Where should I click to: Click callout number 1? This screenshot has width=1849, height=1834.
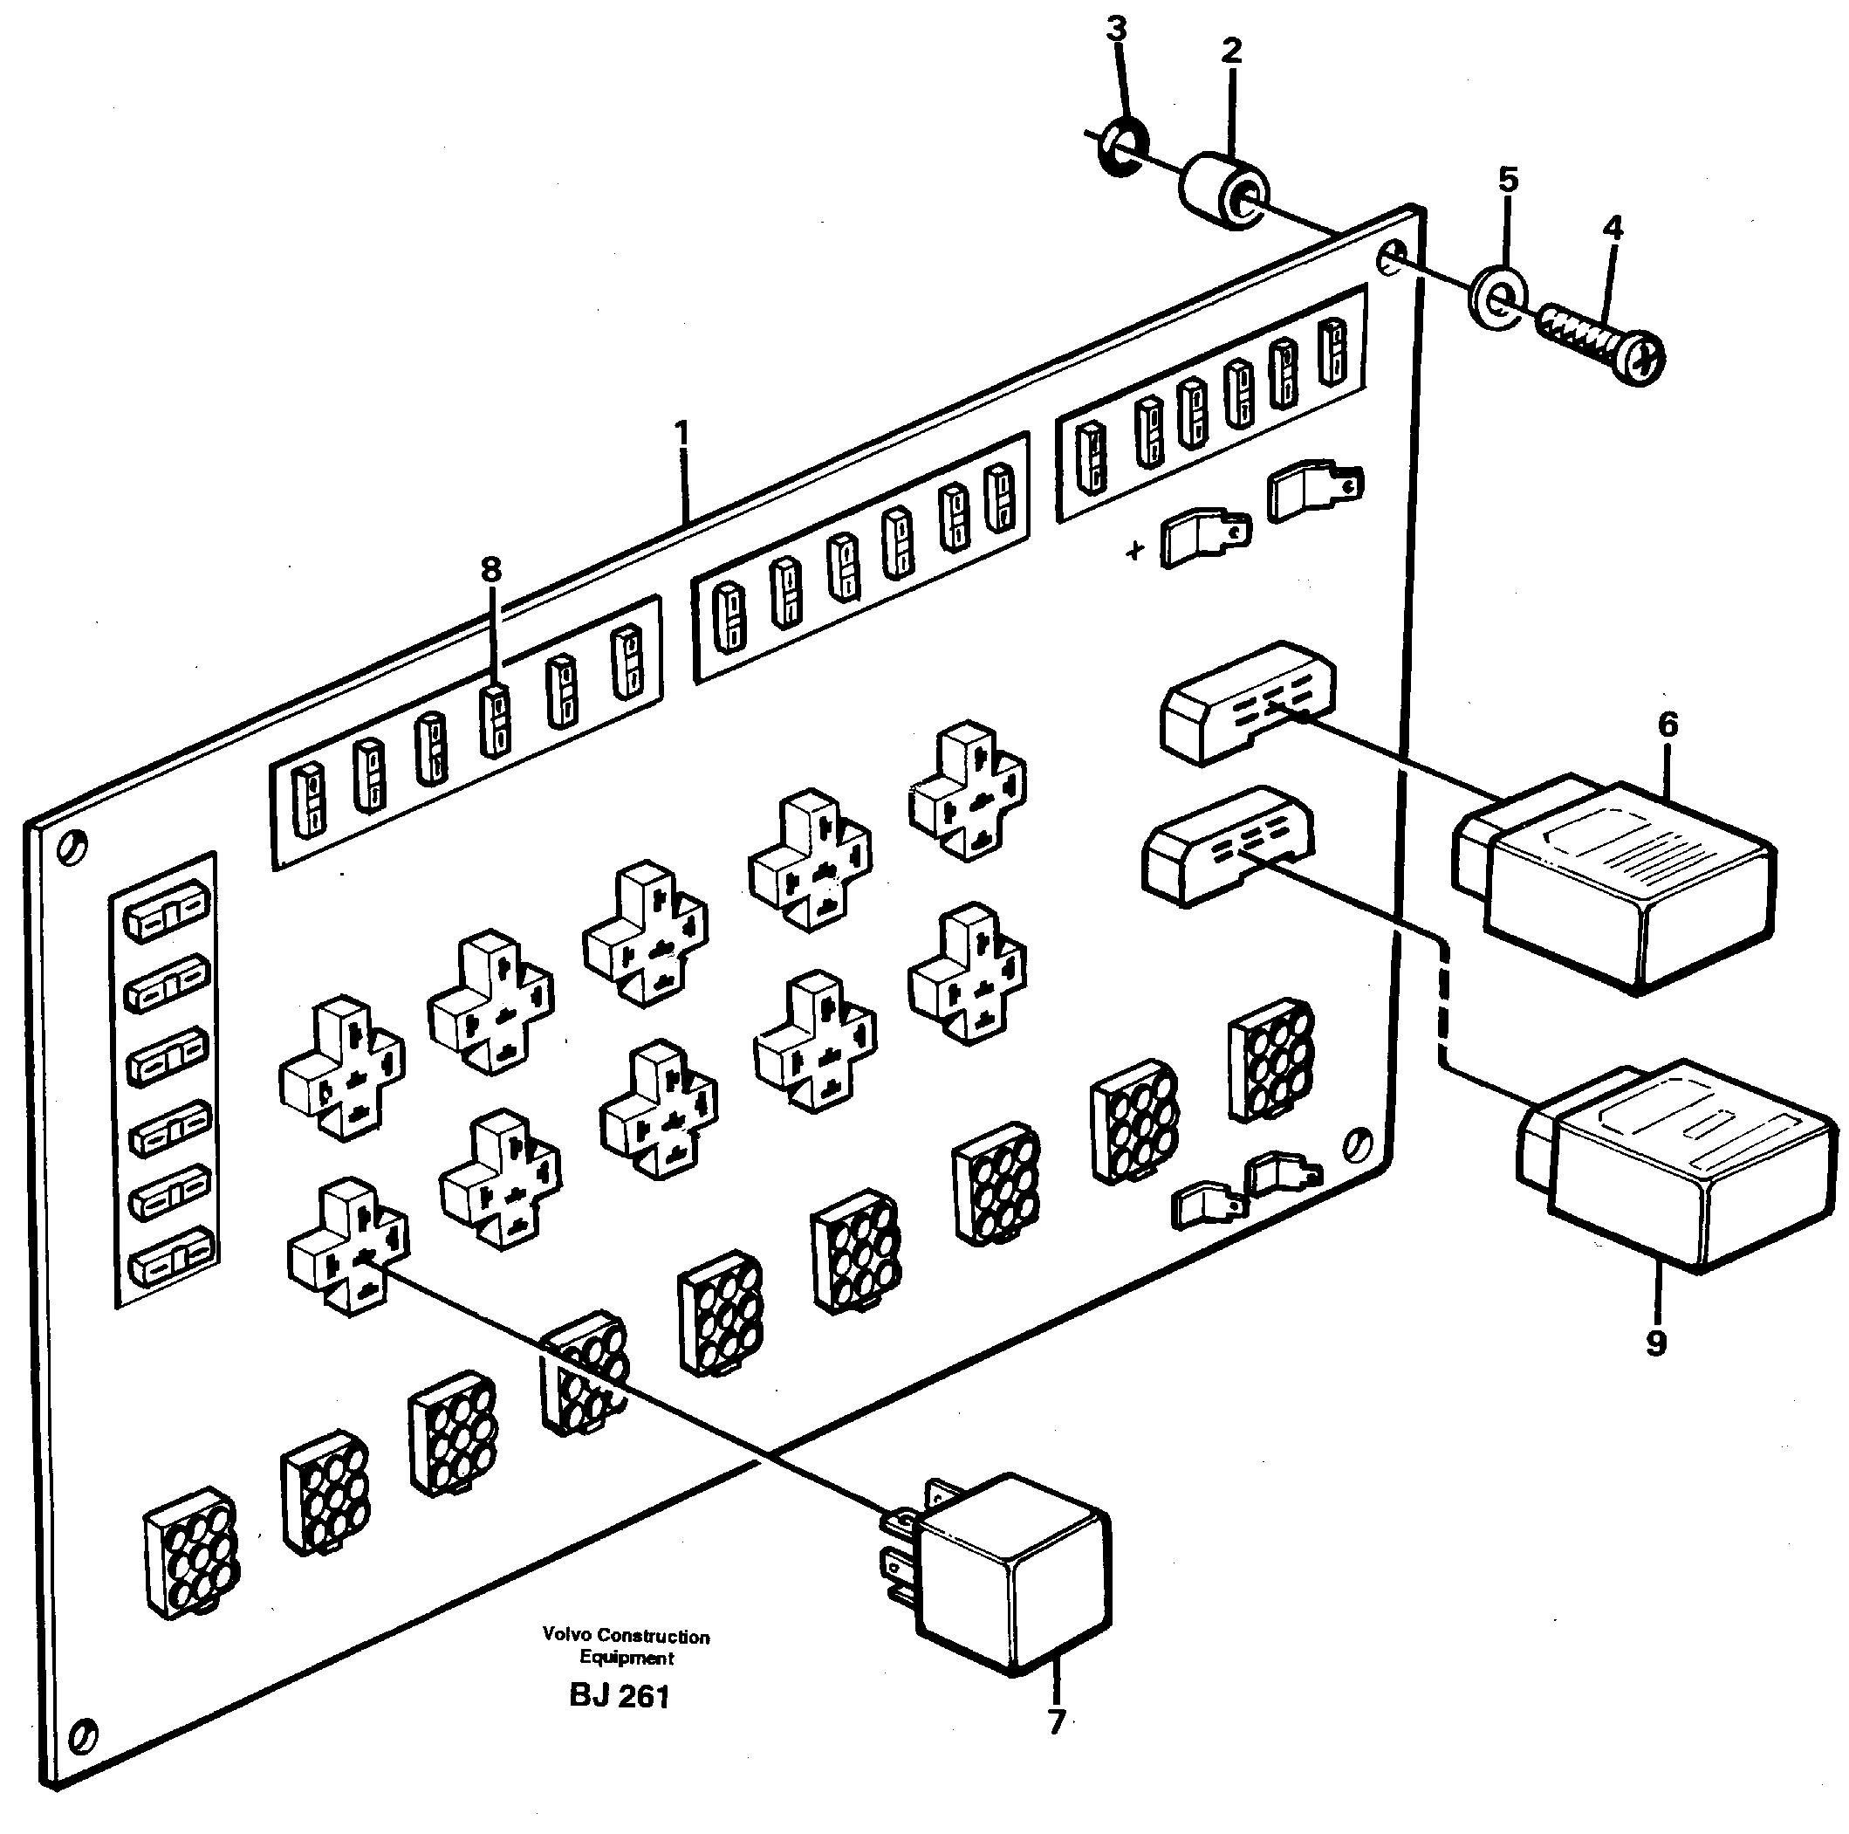[681, 436]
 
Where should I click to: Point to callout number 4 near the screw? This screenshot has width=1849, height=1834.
[1613, 229]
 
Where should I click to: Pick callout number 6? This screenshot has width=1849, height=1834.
[1668, 725]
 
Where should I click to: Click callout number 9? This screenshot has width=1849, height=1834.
[1657, 1343]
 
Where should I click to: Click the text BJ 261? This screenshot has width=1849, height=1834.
[620, 1696]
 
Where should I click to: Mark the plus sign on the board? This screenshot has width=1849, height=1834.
[1135, 551]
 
